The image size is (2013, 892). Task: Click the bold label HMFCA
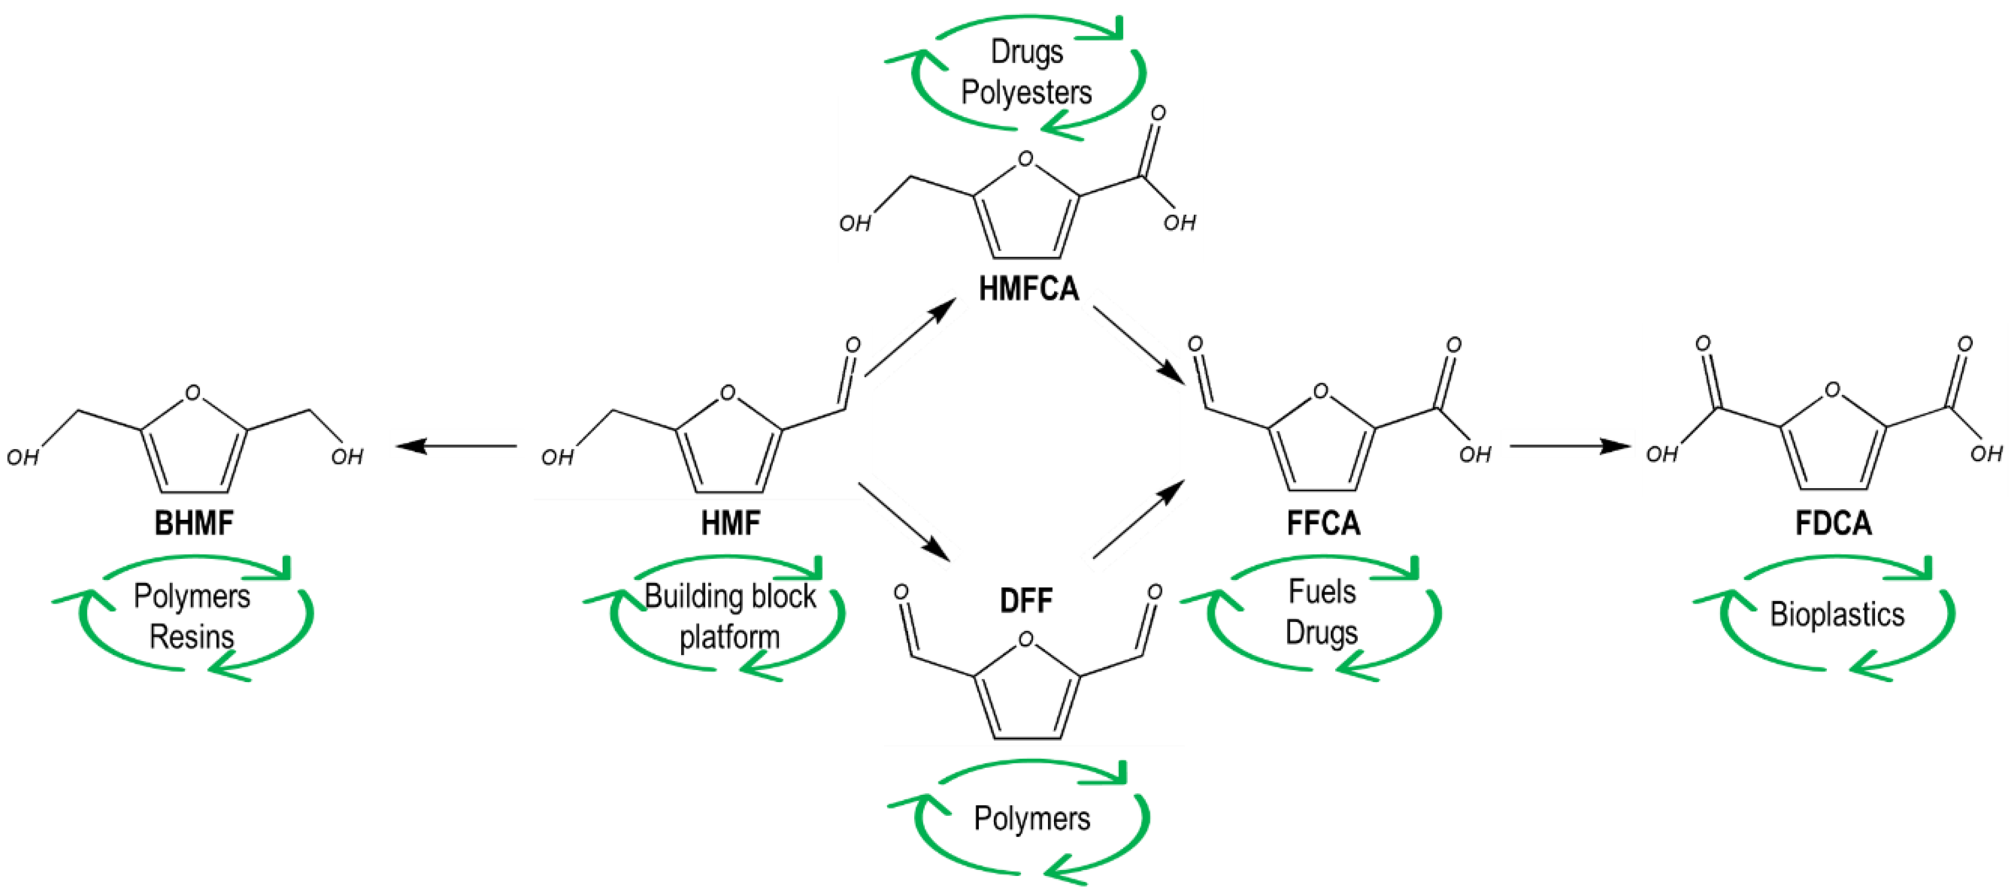pyautogui.click(x=1029, y=289)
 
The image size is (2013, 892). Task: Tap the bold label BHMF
pyautogui.click(x=194, y=522)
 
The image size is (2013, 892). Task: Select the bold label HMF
pyautogui.click(x=730, y=522)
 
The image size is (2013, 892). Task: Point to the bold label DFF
pyautogui.click(x=1026, y=601)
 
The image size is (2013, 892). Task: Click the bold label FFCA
pyautogui.click(x=1323, y=522)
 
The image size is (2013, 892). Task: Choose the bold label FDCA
pyautogui.click(x=1833, y=522)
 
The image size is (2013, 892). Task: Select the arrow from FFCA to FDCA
pyautogui.click(x=1571, y=446)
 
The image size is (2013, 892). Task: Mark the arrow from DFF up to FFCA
pyautogui.click(x=1139, y=519)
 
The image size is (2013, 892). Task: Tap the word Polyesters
pyautogui.click(x=1026, y=92)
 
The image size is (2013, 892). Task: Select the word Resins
pyautogui.click(x=192, y=637)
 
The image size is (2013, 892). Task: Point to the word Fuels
pyautogui.click(x=1321, y=592)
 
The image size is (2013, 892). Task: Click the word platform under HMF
pyautogui.click(x=729, y=637)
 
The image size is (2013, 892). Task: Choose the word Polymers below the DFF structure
pyautogui.click(x=1031, y=819)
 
